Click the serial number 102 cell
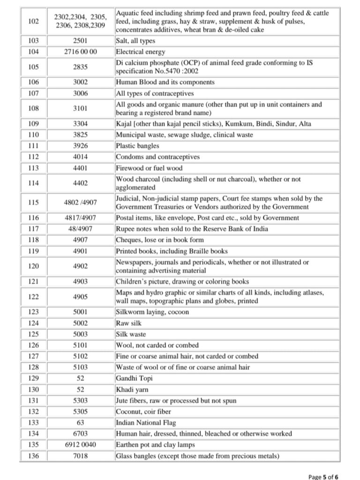tap(33, 21)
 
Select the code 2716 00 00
tap(80, 52)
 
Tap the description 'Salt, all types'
tap(135, 41)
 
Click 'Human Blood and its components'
tap(165, 82)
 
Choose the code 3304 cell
tap(80, 124)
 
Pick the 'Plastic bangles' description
tap(137, 146)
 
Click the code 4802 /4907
tap(80, 202)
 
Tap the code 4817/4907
tap(80, 218)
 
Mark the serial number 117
tap(33, 229)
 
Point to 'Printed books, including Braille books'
tap(172, 251)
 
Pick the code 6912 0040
tap(80, 445)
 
